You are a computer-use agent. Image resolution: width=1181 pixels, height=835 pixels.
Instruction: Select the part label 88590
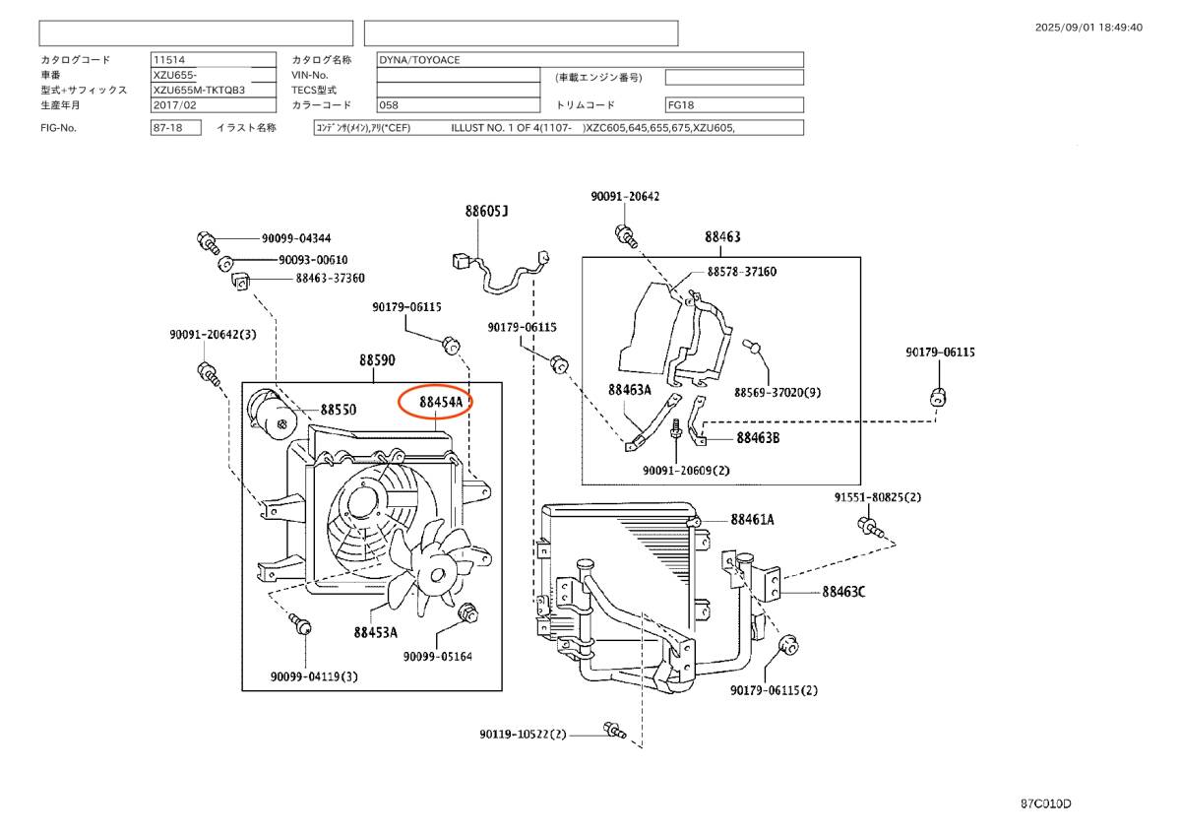pyautogui.click(x=377, y=360)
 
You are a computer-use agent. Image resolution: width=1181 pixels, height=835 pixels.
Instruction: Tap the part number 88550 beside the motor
pyautogui.click(x=338, y=409)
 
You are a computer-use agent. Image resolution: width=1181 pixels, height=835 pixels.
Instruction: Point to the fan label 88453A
pyautogui.click(x=377, y=632)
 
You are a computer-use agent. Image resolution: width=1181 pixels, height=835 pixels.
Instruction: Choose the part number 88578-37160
pyautogui.click(x=741, y=271)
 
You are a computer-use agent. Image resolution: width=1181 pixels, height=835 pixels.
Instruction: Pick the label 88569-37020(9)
pyautogui.click(x=777, y=392)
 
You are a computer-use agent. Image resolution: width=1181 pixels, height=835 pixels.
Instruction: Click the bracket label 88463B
pyautogui.click(x=757, y=438)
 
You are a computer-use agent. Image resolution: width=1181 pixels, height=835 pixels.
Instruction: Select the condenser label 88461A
pyautogui.click(x=752, y=519)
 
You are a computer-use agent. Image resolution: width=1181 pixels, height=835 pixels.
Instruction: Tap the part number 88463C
pyautogui.click(x=843, y=592)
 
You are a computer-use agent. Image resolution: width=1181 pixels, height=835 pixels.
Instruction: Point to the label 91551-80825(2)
pyautogui.click(x=878, y=496)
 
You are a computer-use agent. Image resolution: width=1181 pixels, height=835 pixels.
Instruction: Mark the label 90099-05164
pyautogui.click(x=437, y=656)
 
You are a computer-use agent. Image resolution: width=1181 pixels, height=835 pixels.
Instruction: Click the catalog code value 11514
pyautogui.click(x=167, y=59)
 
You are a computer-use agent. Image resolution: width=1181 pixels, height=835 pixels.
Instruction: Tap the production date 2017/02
pyautogui.click(x=174, y=104)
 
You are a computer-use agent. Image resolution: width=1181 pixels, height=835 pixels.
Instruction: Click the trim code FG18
pyautogui.click(x=681, y=104)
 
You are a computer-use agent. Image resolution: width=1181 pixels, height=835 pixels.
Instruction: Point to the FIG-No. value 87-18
pyautogui.click(x=164, y=128)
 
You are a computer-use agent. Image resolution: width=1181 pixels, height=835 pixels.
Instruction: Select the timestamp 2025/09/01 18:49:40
pyautogui.click(x=1088, y=28)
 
